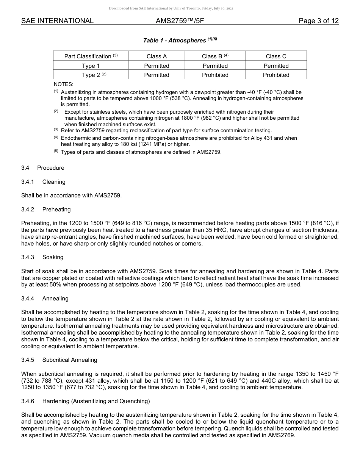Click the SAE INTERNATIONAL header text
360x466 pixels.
[x=57, y=21]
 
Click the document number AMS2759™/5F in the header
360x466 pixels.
[x=180, y=21]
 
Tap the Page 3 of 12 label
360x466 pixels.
[x=318, y=21]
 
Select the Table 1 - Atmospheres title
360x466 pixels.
[x=180, y=40]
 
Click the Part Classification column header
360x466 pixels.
[x=91, y=56]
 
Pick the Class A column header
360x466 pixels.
[x=157, y=56]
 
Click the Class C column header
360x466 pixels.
[x=276, y=56]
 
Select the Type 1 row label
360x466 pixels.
[x=91, y=66]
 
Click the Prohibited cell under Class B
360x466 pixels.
[x=215, y=75]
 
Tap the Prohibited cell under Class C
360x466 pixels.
[x=276, y=75]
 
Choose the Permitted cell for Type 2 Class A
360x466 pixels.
[x=157, y=75]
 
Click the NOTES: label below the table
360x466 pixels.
[x=63, y=84]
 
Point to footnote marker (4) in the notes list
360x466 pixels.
[x=56, y=137]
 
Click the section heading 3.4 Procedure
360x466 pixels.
[x=43, y=168]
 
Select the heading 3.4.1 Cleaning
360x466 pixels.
[x=43, y=182]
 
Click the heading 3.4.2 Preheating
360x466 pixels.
[x=46, y=210]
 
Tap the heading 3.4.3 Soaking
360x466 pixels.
[x=42, y=257]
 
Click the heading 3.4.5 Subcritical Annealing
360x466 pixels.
[x=59, y=360]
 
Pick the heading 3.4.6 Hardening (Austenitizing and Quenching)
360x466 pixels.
[x=86, y=401]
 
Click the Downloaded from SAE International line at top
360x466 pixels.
[x=171, y=8]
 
